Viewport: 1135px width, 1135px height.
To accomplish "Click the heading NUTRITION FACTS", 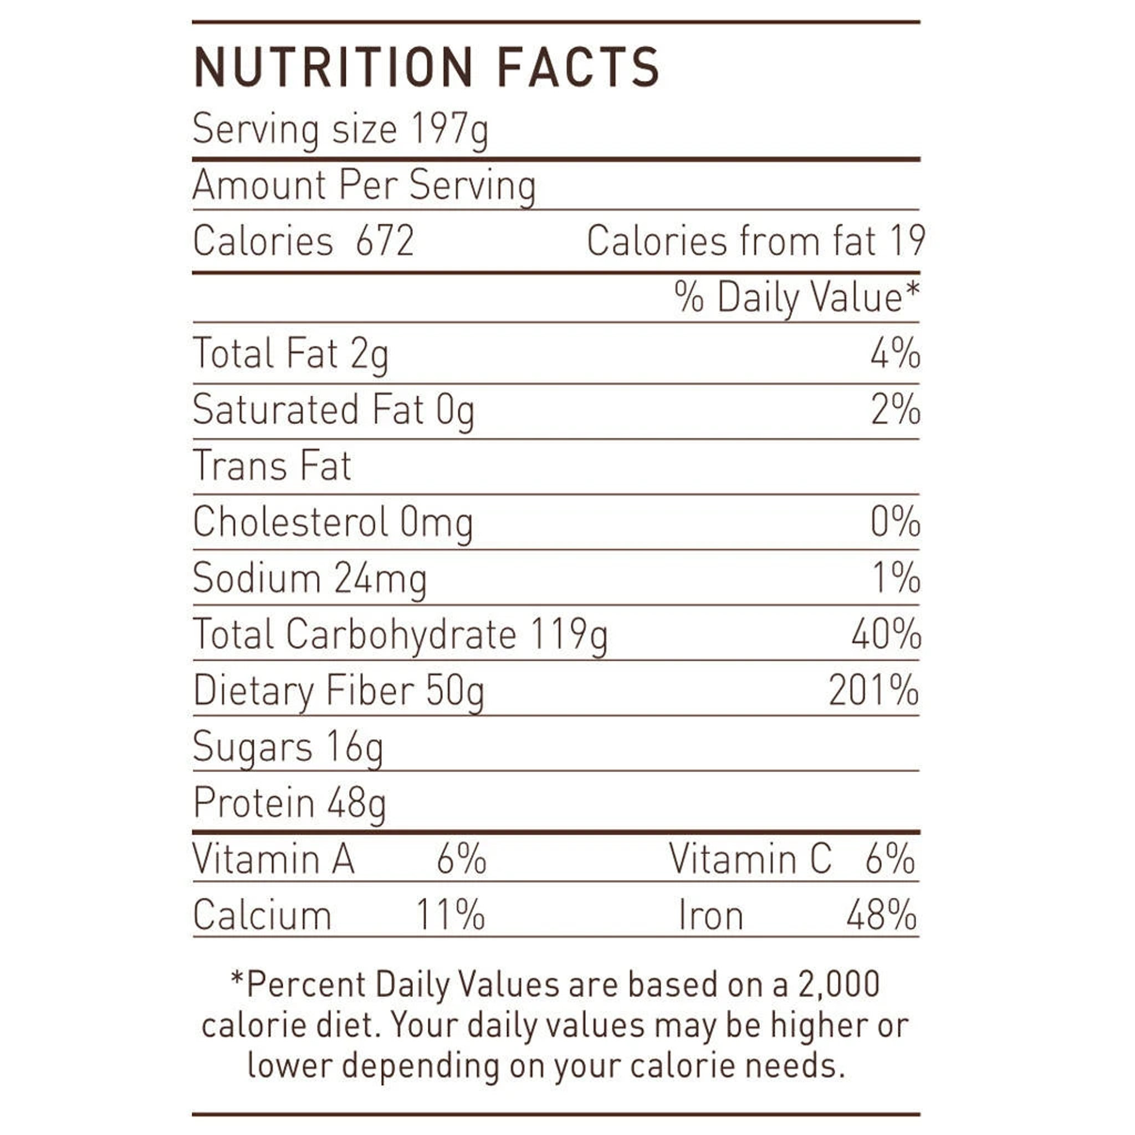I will (427, 68).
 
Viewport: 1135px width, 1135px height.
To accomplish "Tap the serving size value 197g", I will (449, 129).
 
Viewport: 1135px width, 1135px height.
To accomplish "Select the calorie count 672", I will (385, 241).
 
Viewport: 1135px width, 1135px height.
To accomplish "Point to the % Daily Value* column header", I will (796, 297).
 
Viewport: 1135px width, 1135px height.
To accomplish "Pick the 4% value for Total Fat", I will (894, 354).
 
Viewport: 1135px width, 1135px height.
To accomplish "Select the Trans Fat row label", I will (272, 466).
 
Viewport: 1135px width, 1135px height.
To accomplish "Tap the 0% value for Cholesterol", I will (894, 522).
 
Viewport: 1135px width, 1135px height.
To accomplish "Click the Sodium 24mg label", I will (310, 578).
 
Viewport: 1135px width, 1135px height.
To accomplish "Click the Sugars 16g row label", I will (288, 747).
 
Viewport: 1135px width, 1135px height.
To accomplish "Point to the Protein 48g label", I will (290, 803).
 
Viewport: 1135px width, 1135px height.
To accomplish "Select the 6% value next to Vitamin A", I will (461, 859).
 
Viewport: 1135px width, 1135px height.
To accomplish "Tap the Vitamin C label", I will (750, 859).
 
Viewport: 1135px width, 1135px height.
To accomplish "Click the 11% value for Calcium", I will (451, 914).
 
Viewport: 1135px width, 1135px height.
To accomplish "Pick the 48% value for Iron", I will (881, 914).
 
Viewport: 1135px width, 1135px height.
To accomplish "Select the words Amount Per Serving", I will (364, 186).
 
